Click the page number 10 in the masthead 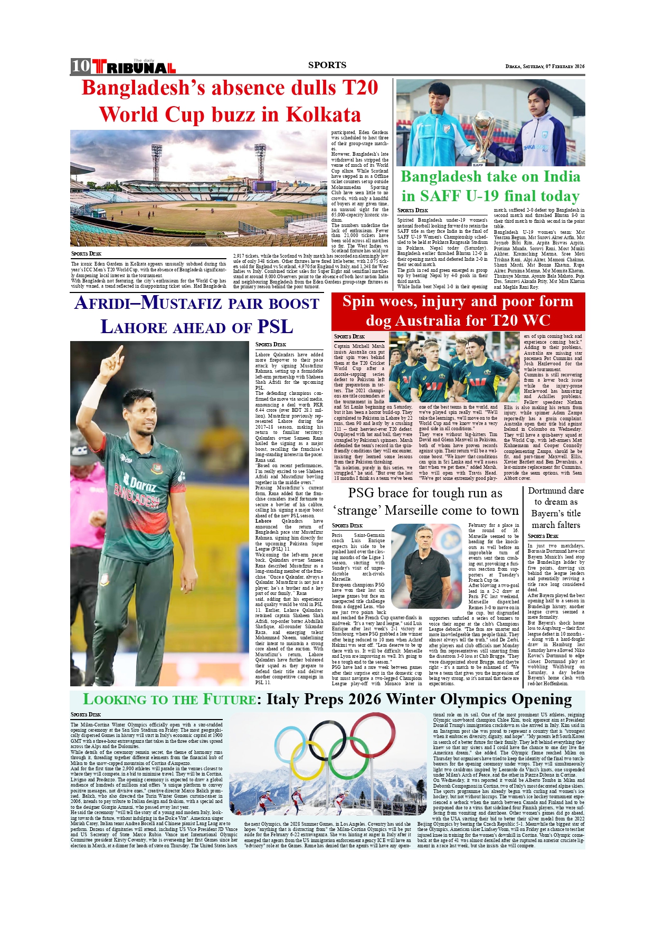[x=81, y=66]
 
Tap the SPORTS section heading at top [x=327, y=65]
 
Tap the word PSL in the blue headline [x=275, y=327]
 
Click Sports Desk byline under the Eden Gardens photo [x=86, y=254]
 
